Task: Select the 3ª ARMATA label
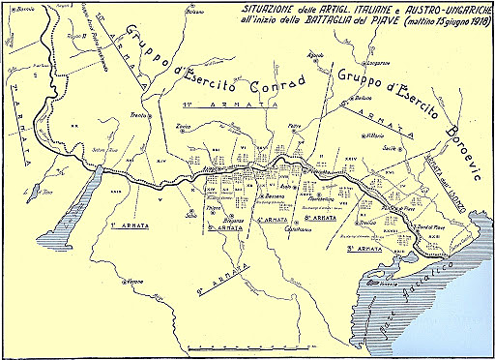(364, 249)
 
